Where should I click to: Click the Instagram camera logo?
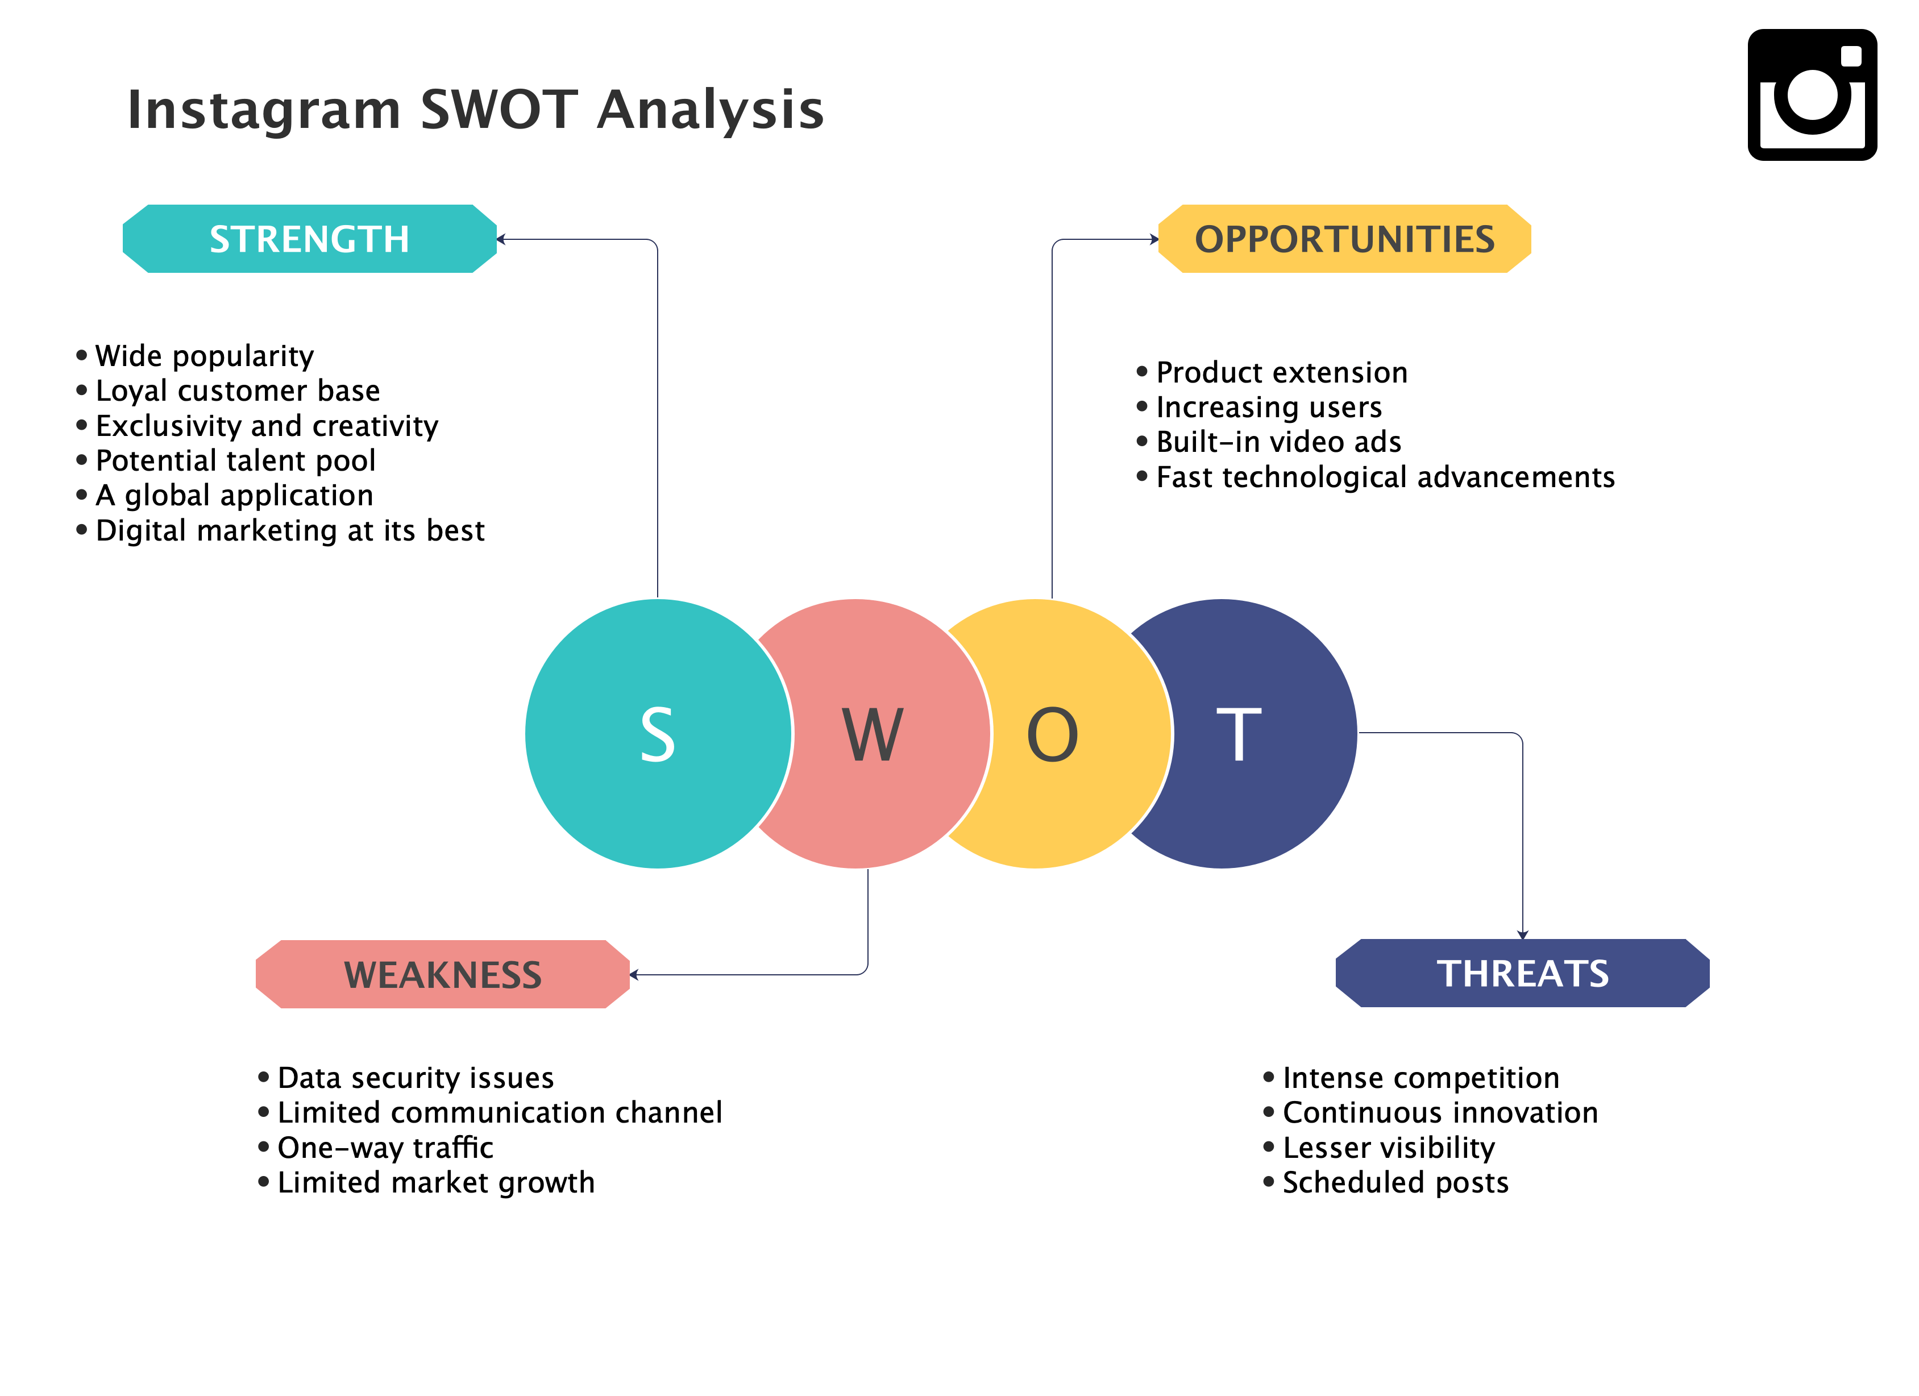(x=1812, y=95)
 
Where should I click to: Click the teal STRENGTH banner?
(x=310, y=239)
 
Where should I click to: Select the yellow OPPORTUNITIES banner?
(x=1344, y=239)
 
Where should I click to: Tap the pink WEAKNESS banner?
(x=443, y=974)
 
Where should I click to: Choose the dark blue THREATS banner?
(x=1522, y=973)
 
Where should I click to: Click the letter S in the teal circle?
(x=658, y=734)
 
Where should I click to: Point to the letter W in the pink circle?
(x=873, y=734)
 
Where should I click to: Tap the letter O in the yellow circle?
(x=1053, y=734)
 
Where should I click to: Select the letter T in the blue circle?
(x=1239, y=734)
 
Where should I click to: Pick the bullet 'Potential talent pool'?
(x=235, y=460)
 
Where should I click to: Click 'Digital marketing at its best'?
(x=290, y=530)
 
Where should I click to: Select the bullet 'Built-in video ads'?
(x=1278, y=442)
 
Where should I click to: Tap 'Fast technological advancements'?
(x=1385, y=477)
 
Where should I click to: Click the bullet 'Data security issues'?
(x=416, y=1078)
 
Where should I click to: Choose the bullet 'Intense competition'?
(x=1420, y=1078)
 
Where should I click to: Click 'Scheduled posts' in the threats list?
(x=1395, y=1182)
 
